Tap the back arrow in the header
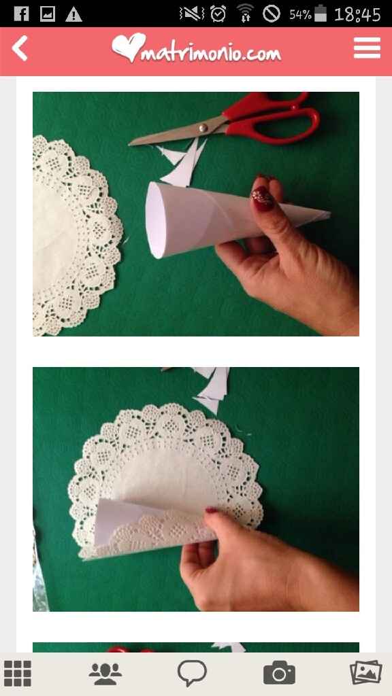click(20, 49)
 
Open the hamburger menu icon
click(367, 48)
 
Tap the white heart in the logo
click(129, 47)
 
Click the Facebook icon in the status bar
click(20, 13)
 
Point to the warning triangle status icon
click(73, 14)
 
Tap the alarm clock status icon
click(218, 14)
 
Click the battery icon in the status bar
click(321, 14)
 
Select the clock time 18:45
click(357, 14)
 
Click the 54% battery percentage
click(299, 14)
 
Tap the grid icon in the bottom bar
click(18, 673)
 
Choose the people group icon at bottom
click(105, 673)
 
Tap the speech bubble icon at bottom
click(192, 673)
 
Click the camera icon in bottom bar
click(279, 673)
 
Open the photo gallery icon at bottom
click(365, 673)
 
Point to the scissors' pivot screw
click(203, 127)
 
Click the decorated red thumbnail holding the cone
click(263, 196)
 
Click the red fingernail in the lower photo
click(212, 510)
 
